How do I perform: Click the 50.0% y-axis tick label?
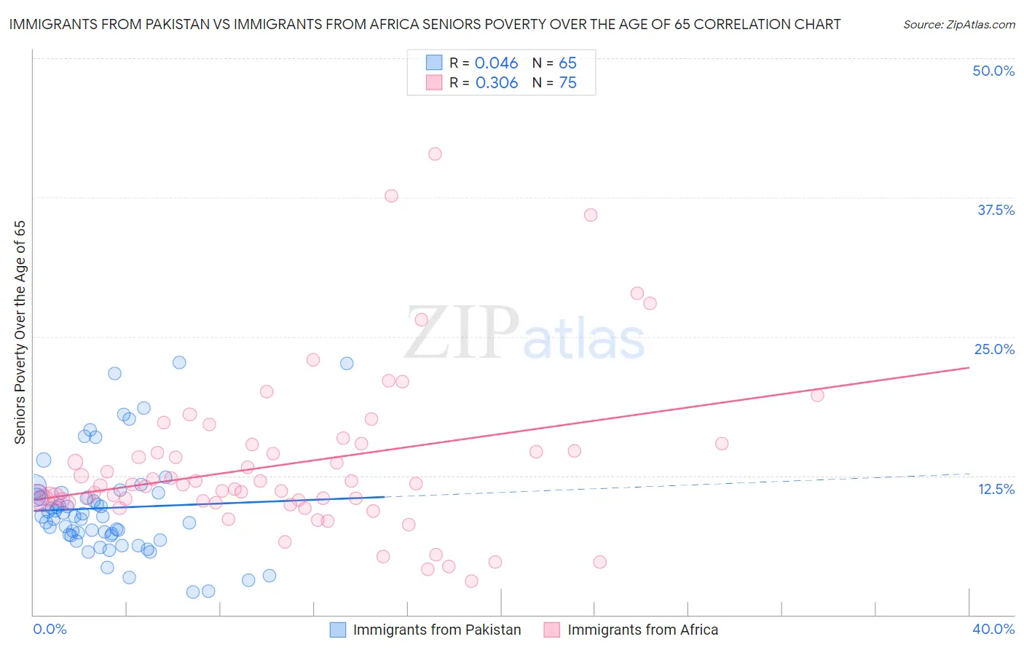[x=993, y=71]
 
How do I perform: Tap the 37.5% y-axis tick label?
[x=996, y=210]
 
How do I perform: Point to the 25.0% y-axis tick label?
[x=994, y=349]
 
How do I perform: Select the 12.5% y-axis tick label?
[x=996, y=489]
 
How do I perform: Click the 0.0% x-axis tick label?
[x=50, y=629]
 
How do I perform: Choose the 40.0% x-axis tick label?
[x=993, y=629]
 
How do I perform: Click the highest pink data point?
[x=435, y=154]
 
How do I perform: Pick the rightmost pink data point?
[x=817, y=395]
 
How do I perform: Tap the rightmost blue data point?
[x=347, y=363]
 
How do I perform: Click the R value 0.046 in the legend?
[x=496, y=63]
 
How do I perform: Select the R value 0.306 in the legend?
[x=496, y=83]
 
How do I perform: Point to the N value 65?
[x=567, y=63]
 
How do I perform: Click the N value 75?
[x=567, y=83]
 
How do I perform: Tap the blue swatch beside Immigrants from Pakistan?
[x=338, y=630]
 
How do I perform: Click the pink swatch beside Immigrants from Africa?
[x=552, y=630]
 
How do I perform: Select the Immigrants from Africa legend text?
[x=642, y=630]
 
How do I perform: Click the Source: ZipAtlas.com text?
[x=958, y=25]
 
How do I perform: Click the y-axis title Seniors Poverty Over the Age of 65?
[x=20, y=332]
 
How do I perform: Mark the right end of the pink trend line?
[x=969, y=367]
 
